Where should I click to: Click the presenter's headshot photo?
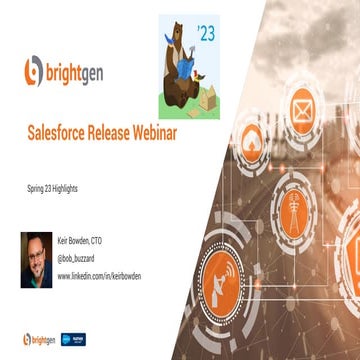click(36, 259)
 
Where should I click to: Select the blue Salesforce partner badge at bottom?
click(72, 338)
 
